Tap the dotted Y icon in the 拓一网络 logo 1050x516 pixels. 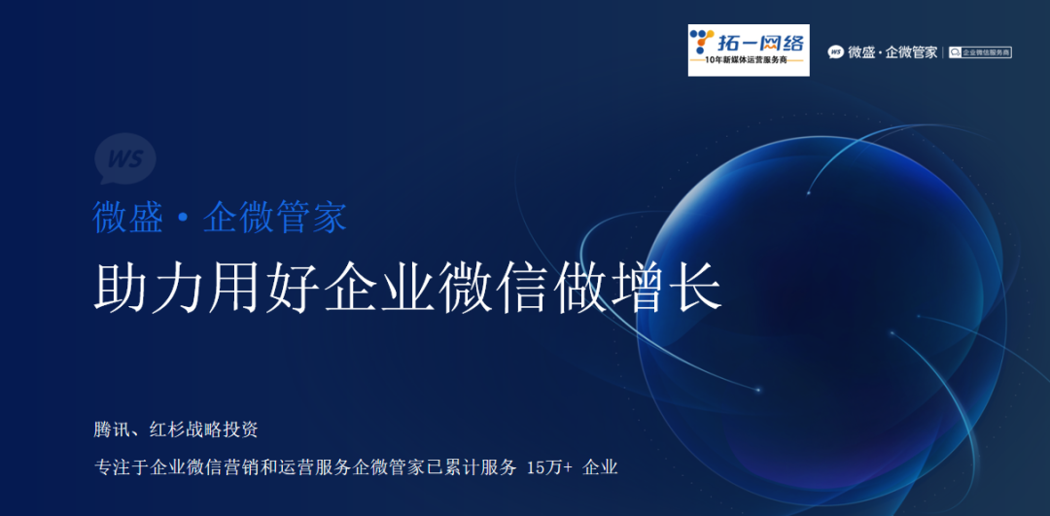tap(702, 44)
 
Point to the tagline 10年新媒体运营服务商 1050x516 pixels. tap(749, 64)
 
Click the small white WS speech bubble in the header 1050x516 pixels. tap(835, 52)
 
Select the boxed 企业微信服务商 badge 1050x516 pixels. tap(980, 52)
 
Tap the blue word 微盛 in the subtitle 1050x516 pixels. tap(128, 217)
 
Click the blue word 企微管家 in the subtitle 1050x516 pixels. tap(275, 217)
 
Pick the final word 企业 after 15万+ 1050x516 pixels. tap(600, 467)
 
